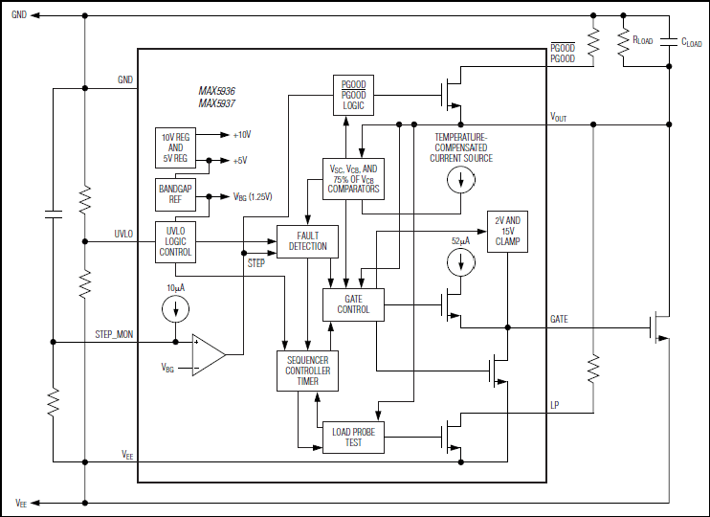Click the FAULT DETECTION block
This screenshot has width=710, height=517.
click(307, 241)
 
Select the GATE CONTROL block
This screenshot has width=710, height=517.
click(353, 304)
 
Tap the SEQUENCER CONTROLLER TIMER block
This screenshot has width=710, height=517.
click(307, 371)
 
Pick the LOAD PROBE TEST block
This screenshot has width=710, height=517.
click(353, 438)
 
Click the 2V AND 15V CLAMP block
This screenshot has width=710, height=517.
click(507, 231)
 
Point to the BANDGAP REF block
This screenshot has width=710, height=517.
click(175, 194)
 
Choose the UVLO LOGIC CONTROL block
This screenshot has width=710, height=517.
click(175, 242)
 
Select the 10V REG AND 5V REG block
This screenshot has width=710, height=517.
click(175, 147)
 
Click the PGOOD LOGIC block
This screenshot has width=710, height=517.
click(353, 95)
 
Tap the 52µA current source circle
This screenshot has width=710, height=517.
click(461, 262)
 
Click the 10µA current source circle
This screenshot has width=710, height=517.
click(175, 309)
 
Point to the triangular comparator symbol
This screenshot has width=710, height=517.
click(209, 355)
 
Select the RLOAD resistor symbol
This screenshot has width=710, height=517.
click(624, 42)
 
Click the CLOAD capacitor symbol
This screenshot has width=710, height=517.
click(669, 42)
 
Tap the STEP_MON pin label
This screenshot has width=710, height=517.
click(114, 335)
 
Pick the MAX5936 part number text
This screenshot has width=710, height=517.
click(216, 91)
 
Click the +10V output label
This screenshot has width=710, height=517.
click(242, 135)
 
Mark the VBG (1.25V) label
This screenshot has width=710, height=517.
click(253, 196)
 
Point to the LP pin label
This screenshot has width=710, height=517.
click(555, 405)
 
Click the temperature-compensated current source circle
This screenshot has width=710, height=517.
click(461, 180)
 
